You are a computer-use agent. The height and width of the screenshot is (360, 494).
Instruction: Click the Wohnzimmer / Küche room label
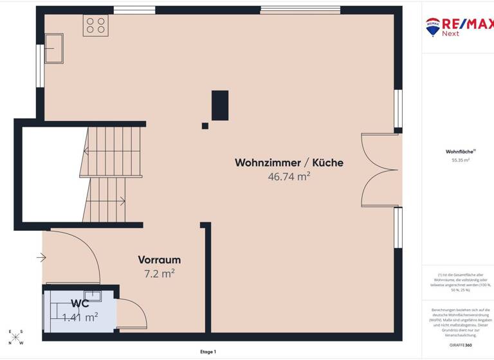pos(289,163)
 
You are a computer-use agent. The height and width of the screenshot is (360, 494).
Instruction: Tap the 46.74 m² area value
pos(289,176)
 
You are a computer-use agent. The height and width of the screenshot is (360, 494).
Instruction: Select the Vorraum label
pos(159,260)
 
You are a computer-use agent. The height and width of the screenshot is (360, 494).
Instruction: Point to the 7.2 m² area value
pos(159,273)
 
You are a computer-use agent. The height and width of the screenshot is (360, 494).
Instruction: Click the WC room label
pos(80,303)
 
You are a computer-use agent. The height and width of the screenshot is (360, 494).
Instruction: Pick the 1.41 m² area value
pos(80,316)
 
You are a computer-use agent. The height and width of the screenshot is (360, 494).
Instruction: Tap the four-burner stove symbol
pos(95,25)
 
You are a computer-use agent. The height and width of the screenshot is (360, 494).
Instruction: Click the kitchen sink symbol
pos(54,48)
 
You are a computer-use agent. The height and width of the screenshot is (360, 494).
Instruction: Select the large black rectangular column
pos(220,105)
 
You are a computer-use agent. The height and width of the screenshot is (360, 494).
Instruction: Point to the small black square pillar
pos(205,125)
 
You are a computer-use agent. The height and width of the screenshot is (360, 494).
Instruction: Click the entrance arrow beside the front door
pos(41,258)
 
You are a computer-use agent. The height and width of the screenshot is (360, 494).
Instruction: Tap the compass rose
pos(16,337)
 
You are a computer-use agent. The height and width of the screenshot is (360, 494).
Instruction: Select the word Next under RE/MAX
pos(450,34)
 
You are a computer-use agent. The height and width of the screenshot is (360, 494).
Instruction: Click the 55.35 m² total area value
pos(461,160)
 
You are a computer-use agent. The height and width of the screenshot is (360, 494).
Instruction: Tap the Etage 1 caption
pos(207,352)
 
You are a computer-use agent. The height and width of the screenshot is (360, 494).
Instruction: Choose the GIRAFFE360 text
pos(460,345)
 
